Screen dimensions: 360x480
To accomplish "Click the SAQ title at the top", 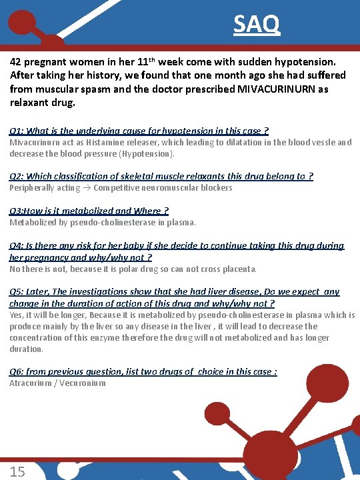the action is [257, 25].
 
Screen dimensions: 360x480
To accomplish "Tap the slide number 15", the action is [17, 471].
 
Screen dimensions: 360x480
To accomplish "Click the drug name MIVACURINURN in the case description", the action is [275, 89].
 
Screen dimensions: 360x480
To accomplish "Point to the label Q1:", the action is [17, 131].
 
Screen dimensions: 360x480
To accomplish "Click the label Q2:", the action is [17, 176].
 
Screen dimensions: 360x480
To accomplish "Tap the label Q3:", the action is [17, 211].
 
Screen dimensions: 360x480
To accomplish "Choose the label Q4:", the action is [17, 245].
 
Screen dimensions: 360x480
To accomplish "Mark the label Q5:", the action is [17, 291].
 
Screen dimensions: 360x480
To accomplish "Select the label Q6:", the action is [17, 371].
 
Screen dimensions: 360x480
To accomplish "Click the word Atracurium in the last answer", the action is [31, 383].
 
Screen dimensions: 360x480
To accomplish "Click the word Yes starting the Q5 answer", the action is [16, 315].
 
